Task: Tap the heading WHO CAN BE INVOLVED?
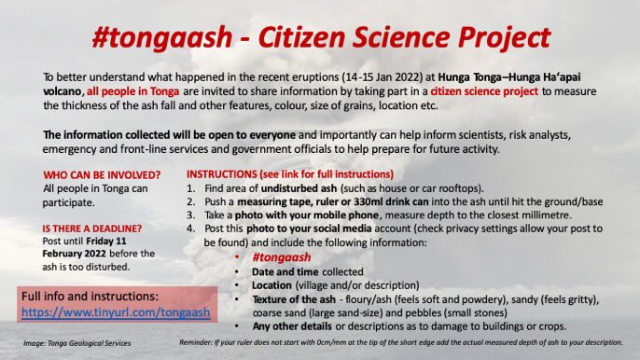93,174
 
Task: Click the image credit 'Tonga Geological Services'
94,343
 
